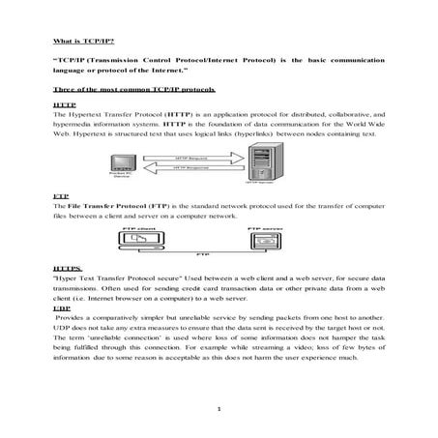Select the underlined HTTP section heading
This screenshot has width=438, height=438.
[64, 102]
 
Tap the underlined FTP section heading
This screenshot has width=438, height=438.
[61, 196]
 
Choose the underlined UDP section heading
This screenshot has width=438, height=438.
[62, 307]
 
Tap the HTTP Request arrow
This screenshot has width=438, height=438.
[194, 156]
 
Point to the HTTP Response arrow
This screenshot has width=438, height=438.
[194, 169]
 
